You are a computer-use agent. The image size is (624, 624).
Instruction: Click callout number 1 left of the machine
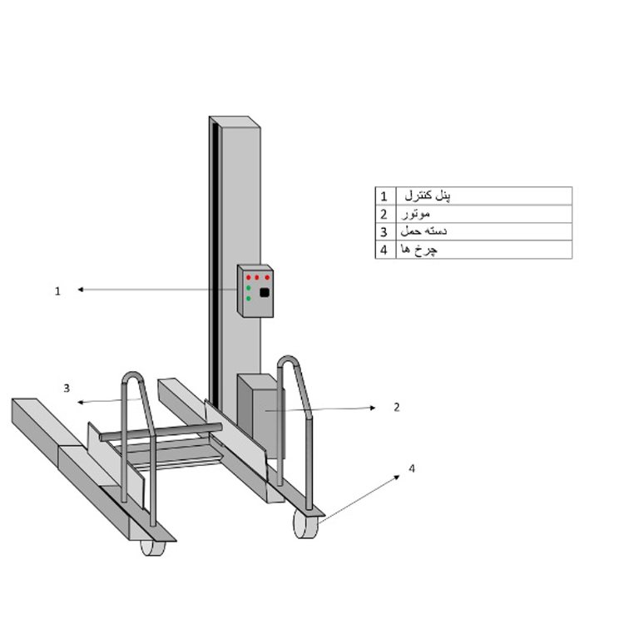point(57,291)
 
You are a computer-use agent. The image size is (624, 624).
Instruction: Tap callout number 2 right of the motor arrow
point(396,407)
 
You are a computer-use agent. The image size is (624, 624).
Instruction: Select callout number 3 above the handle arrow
point(67,388)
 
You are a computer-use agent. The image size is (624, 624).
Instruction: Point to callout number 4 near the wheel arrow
point(412,468)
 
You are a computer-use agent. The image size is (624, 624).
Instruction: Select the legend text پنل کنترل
point(428,196)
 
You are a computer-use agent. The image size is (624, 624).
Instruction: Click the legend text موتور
point(416,214)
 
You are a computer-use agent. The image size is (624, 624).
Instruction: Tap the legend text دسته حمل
point(423,231)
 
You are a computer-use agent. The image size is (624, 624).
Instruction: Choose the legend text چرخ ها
point(419,250)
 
